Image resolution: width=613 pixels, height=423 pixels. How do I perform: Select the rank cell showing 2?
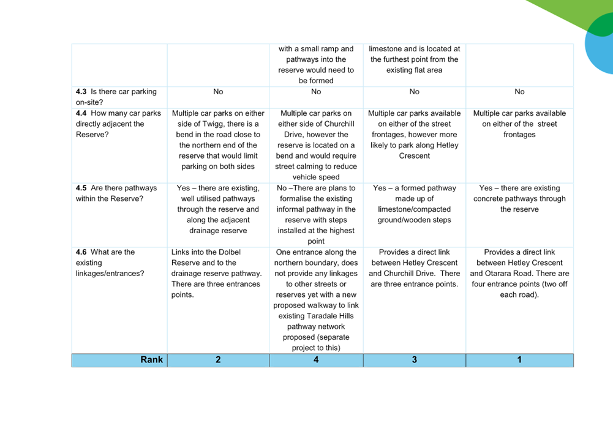tap(218, 360)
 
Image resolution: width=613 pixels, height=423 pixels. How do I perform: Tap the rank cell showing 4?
tap(316, 360)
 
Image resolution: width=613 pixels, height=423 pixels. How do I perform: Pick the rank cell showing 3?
tap(415, 360)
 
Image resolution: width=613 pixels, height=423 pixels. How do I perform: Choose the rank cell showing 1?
tap(519, 360)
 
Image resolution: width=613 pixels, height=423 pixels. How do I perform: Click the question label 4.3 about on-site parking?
tap(116, 97)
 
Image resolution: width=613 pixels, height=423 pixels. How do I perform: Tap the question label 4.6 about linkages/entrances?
tap(110, 263)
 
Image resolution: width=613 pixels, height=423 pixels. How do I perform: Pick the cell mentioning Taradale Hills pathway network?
tap(316, 300)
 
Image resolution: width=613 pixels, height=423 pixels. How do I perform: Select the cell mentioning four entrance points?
tap(519, 274)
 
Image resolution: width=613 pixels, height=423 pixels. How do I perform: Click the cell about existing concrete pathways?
tap(519, 198)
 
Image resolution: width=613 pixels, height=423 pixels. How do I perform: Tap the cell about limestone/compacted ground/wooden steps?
tap(415, 204)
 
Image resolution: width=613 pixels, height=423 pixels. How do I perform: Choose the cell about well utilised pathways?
tap(218, 209)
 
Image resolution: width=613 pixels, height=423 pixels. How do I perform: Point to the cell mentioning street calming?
tap(316, 145)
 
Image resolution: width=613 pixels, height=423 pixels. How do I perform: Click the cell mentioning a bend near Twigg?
tap(218, 140)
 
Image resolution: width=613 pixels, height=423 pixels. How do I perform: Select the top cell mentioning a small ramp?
tap(316, 65)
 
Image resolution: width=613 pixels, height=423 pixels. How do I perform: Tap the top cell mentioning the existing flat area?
tap(415, 59)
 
